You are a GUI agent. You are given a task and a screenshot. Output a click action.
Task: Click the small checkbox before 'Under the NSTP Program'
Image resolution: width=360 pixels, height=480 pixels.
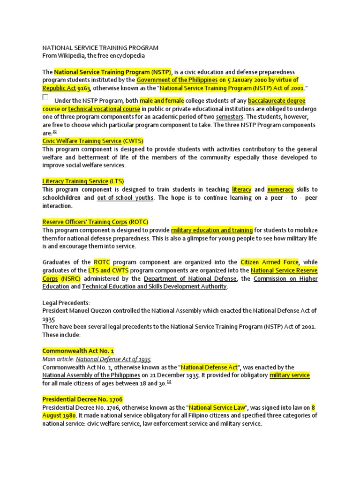pyautogui.click(x=45, y=97)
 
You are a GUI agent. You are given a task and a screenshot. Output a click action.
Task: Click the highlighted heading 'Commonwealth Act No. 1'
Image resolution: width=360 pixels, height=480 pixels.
pyautogui.click(x=78, y=351)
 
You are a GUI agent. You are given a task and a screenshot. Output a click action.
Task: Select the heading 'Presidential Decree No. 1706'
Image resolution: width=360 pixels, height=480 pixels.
pyautogui.click(x=82, y=399)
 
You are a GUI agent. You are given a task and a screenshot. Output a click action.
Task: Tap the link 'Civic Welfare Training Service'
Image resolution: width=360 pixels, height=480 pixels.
pyautogui.click(x=82, y=141)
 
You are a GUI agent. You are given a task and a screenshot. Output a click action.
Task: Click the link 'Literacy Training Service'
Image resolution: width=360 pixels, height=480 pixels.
pyautogui.click(x=75, y=181)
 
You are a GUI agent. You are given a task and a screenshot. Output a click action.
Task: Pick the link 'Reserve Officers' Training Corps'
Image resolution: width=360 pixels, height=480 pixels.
pyautogui.click(x=85, y=222)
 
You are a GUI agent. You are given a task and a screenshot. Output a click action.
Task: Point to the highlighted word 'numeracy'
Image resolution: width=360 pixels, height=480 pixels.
pyautogui.click(x=280, y=189)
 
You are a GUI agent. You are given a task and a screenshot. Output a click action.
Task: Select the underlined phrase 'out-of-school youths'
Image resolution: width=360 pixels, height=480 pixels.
pyautogui.click(x=125, y=198)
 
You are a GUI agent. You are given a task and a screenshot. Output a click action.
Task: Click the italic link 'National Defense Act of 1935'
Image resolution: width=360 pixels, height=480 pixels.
pyautogui.click(x=114, y=359)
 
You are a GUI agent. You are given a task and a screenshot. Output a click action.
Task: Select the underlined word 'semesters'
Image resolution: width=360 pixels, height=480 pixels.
pyautogui.click(x=230, y=117)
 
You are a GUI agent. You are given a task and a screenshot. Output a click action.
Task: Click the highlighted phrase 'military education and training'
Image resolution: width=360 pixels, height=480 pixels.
pyautogui.click(x=212, y=230)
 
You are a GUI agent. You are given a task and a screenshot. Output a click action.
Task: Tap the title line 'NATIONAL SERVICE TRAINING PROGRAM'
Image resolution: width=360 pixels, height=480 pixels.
pyautogui.click(x=100, y=48)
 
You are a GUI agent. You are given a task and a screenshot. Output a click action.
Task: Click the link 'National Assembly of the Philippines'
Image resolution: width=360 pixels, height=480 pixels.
pyautogui.click(x=91, y=375)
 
